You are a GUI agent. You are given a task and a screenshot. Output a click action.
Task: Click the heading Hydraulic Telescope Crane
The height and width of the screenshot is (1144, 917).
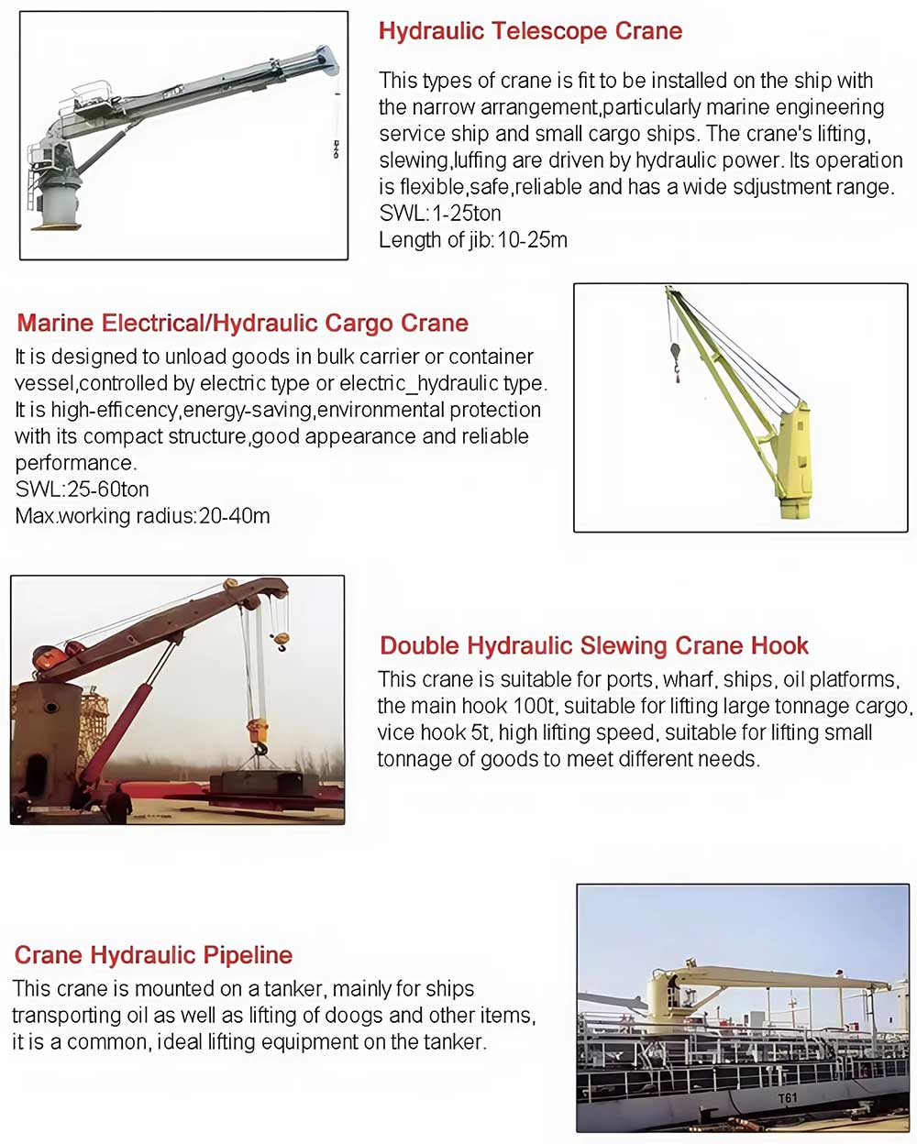tap(530, 31)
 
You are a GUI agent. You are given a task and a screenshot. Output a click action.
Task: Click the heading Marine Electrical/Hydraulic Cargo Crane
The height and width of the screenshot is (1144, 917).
tap(242, 324)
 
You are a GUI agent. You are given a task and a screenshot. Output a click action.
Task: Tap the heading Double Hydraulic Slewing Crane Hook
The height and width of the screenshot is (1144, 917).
tap(593, 646)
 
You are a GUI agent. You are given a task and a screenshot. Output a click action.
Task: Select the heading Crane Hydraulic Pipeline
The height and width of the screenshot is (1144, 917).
tap(153, 955)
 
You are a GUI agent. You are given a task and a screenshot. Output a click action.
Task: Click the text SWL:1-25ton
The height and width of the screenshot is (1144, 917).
tap(440, 214)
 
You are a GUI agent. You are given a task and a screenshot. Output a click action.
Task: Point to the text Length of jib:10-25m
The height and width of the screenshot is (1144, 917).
tap(473, 240)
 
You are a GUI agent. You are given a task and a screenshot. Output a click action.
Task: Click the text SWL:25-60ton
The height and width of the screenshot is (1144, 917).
tap(82, 489)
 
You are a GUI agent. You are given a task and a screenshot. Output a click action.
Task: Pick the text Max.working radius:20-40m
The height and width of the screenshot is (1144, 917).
tap(142, 516)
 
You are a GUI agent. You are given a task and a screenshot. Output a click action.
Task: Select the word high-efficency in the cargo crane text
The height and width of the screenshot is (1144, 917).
tap(116, 410)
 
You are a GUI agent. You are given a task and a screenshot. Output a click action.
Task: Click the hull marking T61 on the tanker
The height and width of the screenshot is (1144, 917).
tap(787, 1098)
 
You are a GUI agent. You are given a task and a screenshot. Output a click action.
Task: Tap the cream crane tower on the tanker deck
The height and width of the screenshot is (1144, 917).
tap(662, 999)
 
